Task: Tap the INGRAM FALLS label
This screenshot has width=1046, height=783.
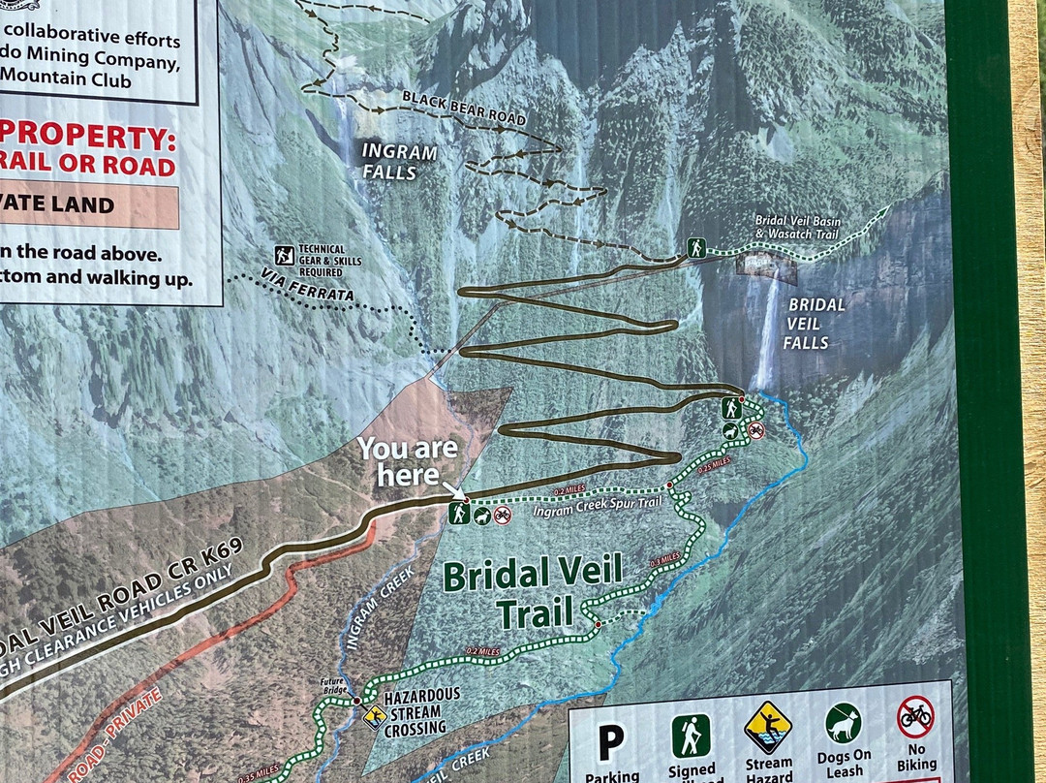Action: [398, 162]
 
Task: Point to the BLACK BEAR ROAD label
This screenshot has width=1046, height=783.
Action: [463, 108]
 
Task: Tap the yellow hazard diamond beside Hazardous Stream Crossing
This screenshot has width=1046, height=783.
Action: [373, 715]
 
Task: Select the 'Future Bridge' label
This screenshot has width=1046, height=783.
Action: [332, 685]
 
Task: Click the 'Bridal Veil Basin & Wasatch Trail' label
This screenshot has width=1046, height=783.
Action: [798, 227]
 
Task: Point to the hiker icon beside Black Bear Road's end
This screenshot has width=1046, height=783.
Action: [695, 247]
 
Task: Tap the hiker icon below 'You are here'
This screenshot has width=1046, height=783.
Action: [459, 514]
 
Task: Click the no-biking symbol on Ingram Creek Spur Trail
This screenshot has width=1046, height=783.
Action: [502, 516]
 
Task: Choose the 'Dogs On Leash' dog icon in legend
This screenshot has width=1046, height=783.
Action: [843, 722]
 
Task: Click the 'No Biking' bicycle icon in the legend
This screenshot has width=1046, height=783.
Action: [915, 718]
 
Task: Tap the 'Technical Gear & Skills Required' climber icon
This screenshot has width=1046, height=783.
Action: [284, 254]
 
